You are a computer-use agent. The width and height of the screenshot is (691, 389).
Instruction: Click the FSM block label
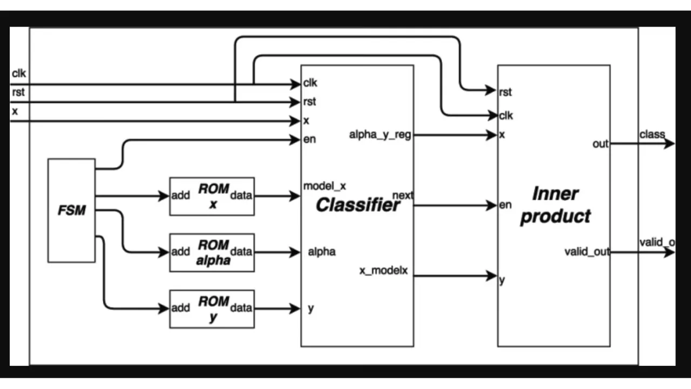[x=72, y=210]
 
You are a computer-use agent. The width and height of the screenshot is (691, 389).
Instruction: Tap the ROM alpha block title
[x=213, y=252]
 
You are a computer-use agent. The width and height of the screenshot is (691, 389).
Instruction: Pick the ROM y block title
[x=213, y=308]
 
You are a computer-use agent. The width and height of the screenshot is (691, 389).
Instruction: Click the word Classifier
[x=358, y=205]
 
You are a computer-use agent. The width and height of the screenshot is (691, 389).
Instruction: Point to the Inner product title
[x=555, y=205]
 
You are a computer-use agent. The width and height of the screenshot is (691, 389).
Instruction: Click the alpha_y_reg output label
[x=380, y=135]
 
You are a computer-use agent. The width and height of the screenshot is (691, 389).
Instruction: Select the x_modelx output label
[x=384, y=270]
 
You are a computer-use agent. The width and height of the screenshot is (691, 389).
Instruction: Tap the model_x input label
[x=325, y=186]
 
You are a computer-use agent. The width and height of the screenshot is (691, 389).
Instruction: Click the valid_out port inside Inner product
[x=587, y=251]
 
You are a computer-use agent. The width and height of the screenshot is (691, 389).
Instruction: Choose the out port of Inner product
[x=600, y=144]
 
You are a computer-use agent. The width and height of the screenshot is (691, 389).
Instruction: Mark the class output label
[x=652, y=134]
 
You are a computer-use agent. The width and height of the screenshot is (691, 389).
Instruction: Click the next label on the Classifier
[x=403, y=195]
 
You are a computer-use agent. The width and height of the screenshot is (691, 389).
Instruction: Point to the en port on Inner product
[x=505, y=205]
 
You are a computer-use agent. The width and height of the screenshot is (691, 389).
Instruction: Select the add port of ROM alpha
[x=181, y=252]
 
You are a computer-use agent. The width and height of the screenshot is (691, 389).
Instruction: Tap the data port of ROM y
[x=241, y=308]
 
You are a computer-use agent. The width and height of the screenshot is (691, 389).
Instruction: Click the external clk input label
[x=18, y=73]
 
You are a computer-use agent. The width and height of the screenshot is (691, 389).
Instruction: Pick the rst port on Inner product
[x=505, y=92]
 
